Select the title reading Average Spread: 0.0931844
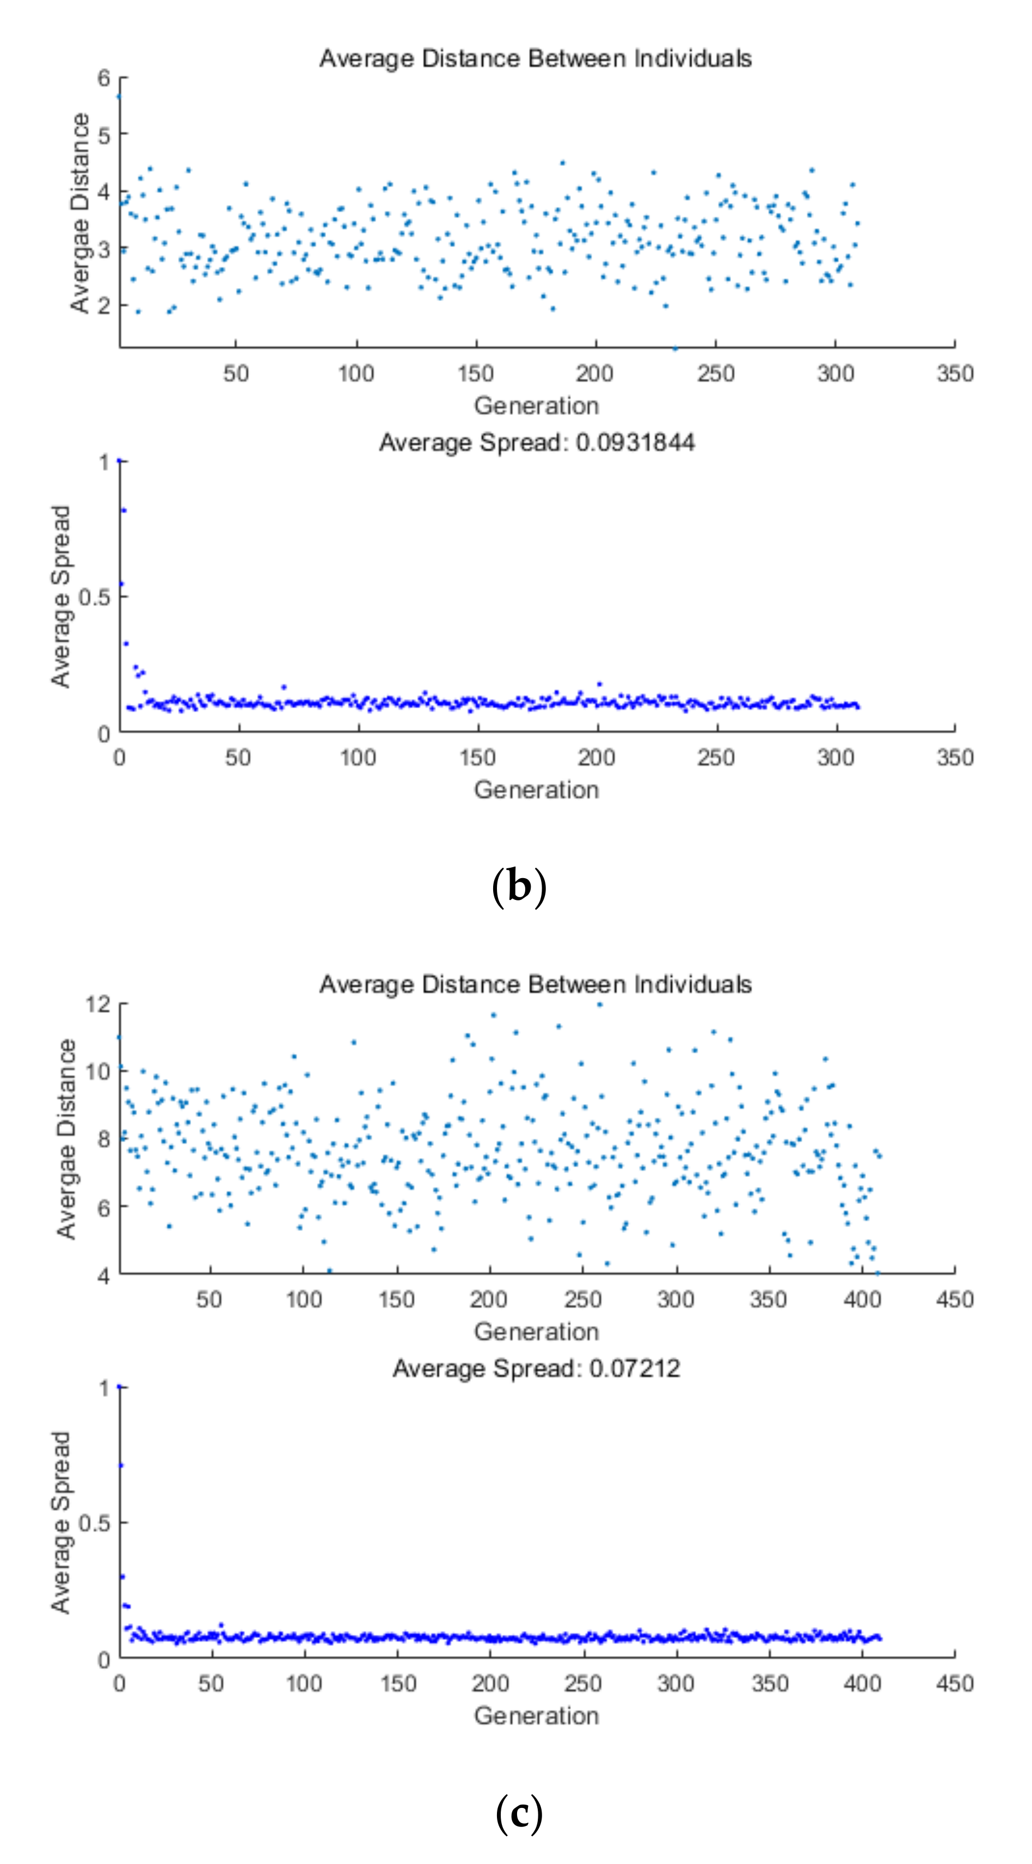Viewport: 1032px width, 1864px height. (536, 442)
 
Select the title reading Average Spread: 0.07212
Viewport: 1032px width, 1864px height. (536, 1369)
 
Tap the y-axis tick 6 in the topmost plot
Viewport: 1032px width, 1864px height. (104, 77)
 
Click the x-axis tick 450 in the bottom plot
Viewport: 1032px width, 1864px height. (954, 1683)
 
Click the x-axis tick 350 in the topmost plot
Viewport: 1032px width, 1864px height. (954, 373)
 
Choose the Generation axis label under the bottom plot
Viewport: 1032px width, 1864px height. (536, 1716)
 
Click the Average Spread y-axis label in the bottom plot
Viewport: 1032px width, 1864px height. (61, 1523)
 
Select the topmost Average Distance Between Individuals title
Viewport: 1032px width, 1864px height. (536, 59)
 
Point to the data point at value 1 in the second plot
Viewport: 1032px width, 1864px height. (120, 461)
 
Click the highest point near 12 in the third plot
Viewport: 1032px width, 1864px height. (599, 1004)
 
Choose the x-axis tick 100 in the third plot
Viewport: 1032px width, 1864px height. (303, 1299)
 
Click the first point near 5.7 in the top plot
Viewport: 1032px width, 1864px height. (119, 97)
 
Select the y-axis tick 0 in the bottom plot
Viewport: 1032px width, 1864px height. (104, 1660)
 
